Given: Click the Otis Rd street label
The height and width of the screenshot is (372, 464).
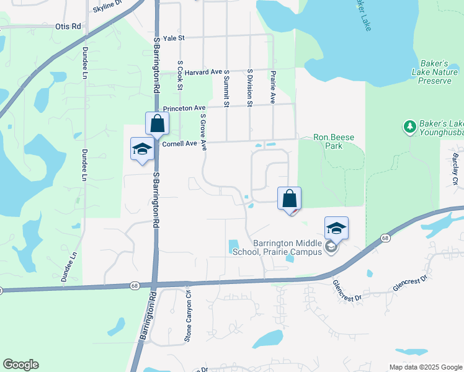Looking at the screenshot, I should point(68,27).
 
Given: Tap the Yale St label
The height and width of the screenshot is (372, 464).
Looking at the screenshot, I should point(174,38).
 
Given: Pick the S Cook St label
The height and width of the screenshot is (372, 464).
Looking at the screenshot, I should point(180,75).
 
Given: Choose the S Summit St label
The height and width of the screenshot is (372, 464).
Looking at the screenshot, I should point(227,88).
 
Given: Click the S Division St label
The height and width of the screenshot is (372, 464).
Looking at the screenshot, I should point(249,87).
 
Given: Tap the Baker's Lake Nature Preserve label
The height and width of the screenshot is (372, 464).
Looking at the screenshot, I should point(434,72).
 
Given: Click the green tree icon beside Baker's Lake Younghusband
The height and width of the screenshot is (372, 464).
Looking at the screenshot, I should point(409,127).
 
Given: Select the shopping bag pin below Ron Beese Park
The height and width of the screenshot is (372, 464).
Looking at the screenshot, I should point(289,199).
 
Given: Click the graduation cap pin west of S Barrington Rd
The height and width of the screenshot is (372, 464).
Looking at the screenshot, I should point(142,149).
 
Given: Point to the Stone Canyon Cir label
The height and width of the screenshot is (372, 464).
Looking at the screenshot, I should point(188,316).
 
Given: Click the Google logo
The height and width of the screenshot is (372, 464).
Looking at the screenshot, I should point(20,365).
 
